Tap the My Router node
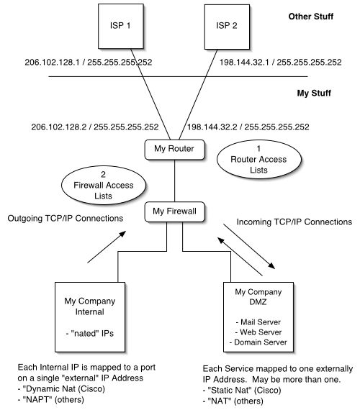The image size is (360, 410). coord(175,150)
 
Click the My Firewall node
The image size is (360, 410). coord(175,211)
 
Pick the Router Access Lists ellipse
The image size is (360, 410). coord(259,159)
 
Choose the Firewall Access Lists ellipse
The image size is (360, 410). coord(104,185)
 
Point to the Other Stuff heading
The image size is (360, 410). coord(311,17)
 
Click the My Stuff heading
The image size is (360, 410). coord(314,93)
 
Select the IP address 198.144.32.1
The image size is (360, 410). coord(244,63)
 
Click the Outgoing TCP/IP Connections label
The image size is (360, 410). coord(66,219)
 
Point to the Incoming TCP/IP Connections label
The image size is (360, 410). coord(294,222)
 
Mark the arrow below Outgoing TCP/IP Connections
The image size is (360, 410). coord(107,247)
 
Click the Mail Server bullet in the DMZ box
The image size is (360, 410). coord(258,322)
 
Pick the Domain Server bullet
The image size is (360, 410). coord(258,342)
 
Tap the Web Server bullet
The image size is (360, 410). coord(258,332)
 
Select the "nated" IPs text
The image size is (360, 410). coord(90,333)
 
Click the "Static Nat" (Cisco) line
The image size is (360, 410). coord(242,391)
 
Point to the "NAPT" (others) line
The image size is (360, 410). coord(51,400)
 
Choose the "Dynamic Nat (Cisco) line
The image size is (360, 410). coord(61,389)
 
